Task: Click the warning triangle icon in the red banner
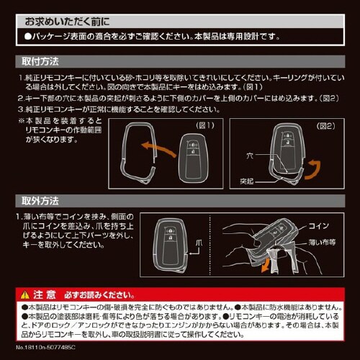tap(26, 294)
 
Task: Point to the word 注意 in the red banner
tap(45, 294)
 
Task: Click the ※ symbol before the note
tap(21, 121)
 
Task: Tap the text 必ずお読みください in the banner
tap(94, 294)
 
